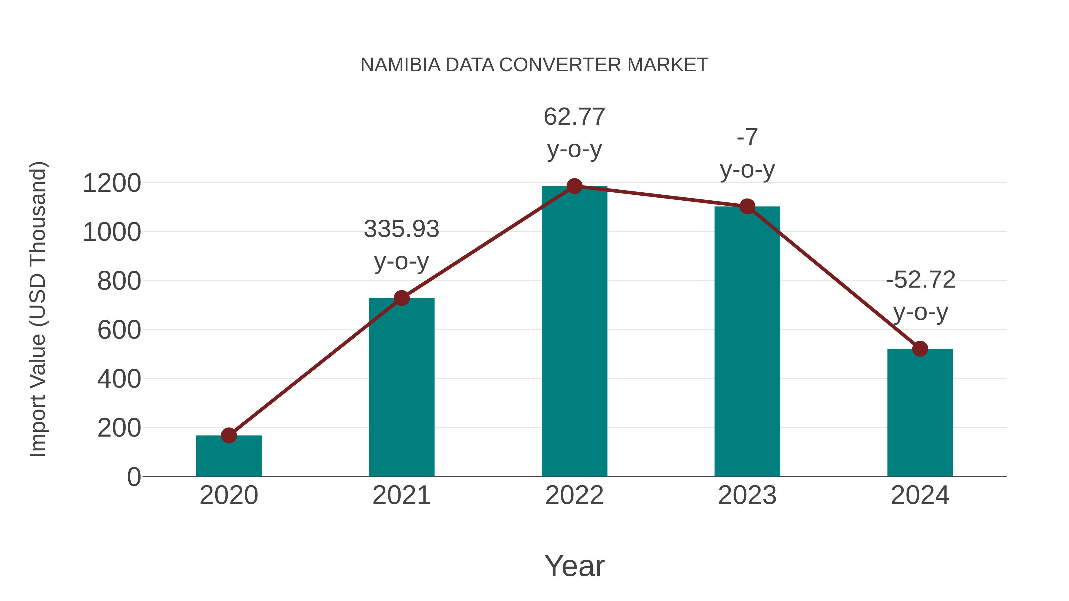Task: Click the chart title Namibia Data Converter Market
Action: (534, 65)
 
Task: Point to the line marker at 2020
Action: (229, 435)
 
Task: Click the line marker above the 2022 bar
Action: (574, 186)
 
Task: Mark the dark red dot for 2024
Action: (920, 349)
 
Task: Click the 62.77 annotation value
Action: (574, 117)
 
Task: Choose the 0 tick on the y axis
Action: (134, 477)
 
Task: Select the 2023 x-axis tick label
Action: (747, 495)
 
